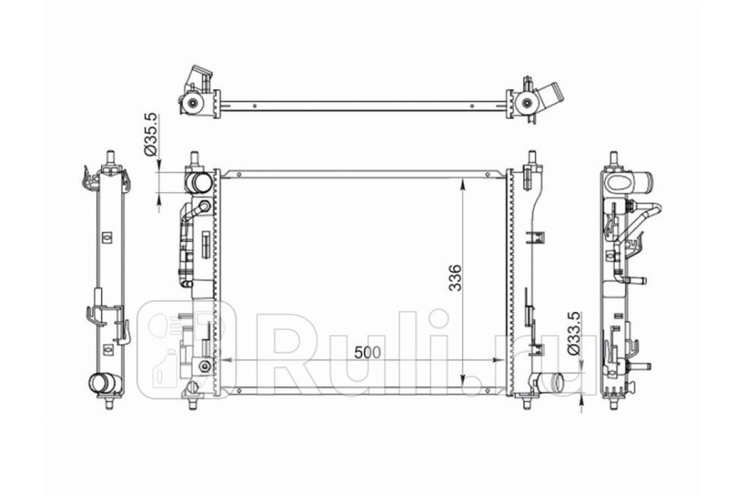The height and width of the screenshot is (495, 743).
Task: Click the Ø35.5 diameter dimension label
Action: click(x=150, y=135)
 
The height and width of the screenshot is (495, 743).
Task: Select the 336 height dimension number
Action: click(x=454, y=277)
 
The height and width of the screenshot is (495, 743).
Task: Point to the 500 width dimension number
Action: click(x=367, y=353)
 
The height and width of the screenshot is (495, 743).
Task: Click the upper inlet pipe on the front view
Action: click(x=198, y=183)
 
